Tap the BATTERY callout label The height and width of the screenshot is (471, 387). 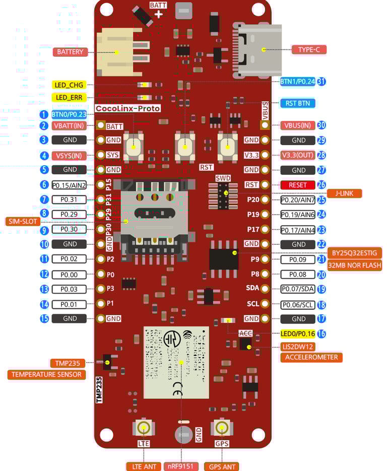point(70,52)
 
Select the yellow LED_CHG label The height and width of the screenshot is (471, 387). point(69,85)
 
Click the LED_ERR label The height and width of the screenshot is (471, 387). point(69,97)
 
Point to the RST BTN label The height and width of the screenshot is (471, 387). point(297,103)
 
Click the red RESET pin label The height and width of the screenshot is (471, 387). point(297,185)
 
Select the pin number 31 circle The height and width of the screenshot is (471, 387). point(321,81)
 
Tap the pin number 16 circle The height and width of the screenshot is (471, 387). point(321,333)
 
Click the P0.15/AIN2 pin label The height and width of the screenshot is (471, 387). point(69,185)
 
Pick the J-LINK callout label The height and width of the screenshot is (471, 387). point(344,193)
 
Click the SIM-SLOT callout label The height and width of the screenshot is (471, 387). point(23,221)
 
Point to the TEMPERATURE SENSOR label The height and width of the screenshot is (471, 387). point(46,375)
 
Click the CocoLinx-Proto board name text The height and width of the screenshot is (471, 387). point(127,108)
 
